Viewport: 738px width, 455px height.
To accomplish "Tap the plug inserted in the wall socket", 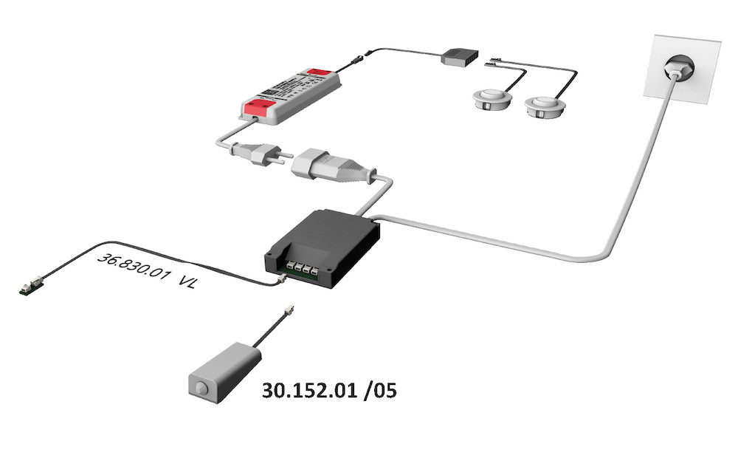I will pos(677,72).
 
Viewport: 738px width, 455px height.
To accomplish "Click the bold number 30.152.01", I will pos(309,389).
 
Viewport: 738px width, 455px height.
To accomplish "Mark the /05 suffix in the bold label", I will pos(379,389).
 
